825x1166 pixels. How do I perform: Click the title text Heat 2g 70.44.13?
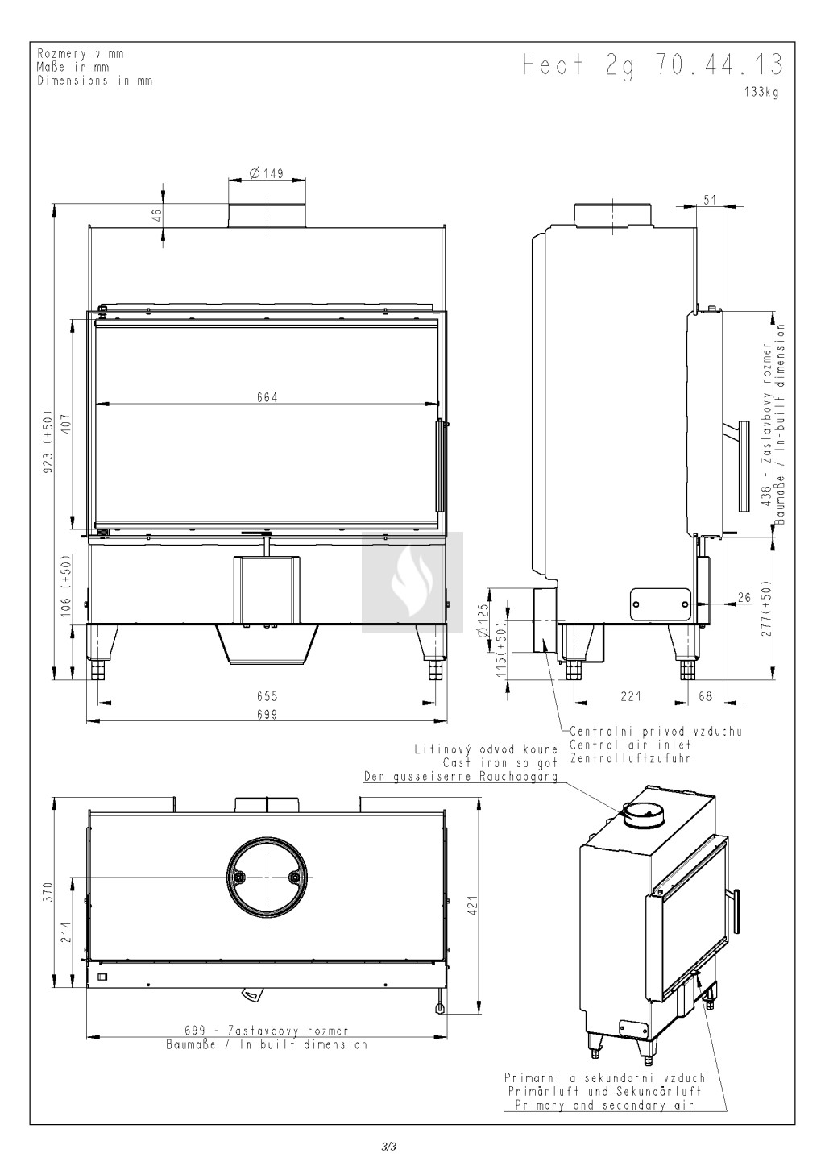[653, 65]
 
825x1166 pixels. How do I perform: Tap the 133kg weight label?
[761, 93]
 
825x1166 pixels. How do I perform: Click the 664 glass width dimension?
[267, 397]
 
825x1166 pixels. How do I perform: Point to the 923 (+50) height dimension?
[48, 438]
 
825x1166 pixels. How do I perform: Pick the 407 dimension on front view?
[67, 423]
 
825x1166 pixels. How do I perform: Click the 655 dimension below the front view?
[267, 696]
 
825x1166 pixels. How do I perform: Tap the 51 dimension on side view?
[710, 199]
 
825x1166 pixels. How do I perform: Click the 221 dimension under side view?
[630, 696]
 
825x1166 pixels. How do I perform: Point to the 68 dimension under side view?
[705, 696]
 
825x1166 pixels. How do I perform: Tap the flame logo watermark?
[412, 582]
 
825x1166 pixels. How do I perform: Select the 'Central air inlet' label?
[631, 745]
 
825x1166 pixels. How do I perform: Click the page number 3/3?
[389, 1146]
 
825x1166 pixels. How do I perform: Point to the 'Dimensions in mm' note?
[95, 81]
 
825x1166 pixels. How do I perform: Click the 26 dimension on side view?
[745, 598]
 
